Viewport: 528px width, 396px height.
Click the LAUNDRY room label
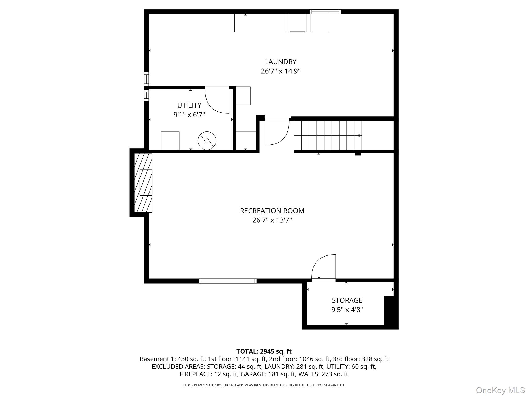(280, 62)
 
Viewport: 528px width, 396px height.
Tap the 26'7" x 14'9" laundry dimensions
(280, 71)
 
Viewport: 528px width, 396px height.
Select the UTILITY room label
(189, 105)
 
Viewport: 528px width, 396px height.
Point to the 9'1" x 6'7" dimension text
(189, 115)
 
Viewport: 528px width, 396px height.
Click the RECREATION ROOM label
(272, 211)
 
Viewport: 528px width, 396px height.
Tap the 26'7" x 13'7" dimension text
(272, 220)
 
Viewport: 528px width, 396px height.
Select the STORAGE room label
(347, 300)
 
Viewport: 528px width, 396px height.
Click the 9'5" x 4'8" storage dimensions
(347, 310)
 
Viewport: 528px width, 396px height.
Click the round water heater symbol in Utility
(207, 141)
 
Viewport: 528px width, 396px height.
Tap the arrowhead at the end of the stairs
(360, 136)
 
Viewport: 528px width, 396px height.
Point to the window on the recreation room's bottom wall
(228, 281)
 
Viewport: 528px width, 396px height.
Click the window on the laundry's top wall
(325, 12)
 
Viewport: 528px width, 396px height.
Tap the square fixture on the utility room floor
(170, 141)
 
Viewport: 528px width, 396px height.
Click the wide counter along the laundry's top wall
(259, 23)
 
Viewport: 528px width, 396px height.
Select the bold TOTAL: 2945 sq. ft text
(264, 351)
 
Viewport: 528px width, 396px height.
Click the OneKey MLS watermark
(500, 390)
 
